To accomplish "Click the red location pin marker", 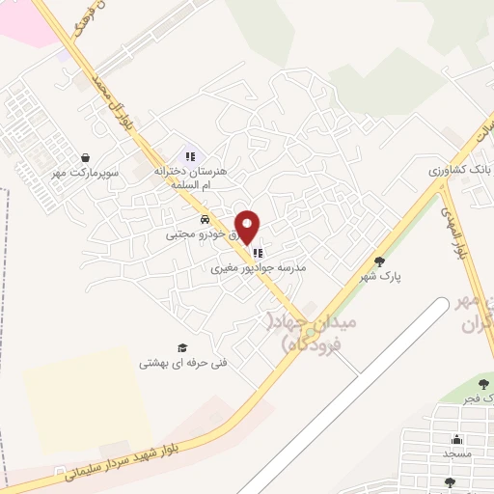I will pos(249,226).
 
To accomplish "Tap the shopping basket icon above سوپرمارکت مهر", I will pos(87,157).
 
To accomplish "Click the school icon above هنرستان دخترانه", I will pos(190,155).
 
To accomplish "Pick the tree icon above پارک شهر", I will pos(379,261).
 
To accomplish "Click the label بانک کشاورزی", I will pos(459,168).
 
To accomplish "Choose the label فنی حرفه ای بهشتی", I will pos(170,363).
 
